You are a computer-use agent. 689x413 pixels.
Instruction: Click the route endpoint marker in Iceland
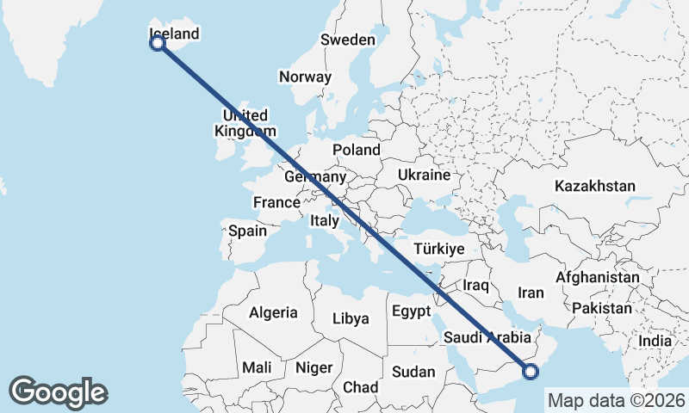[x=158, y=43]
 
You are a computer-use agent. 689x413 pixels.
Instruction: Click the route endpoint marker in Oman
[x=530, y=372]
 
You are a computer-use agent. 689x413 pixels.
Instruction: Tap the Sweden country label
[x=348, y=40]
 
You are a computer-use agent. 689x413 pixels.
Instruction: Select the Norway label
[x=305, y=77]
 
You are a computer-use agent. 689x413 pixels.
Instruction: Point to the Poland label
[x=357, y=150]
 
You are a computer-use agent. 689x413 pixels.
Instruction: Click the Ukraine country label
[x=424, y=175]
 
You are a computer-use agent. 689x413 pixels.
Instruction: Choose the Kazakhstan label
[x=595, y=186]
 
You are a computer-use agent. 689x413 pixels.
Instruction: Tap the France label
[x=276, y=203]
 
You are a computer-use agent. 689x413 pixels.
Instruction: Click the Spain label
[x=247, y=231]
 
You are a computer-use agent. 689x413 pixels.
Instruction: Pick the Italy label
[x=325, y=221]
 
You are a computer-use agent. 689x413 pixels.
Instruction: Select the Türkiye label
[x=439, y=249]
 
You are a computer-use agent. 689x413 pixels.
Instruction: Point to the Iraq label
[x=476, y=285]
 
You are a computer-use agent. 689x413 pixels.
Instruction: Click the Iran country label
[x=531, y=293]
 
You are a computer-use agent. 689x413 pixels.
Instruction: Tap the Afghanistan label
[x=598, y=278]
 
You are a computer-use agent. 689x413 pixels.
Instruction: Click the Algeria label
[x=273, y=313]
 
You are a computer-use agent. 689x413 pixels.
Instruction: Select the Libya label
[x=351, y=318]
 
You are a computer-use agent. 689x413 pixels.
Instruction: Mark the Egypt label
[x=412, y=311]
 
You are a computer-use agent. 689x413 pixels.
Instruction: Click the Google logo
[x=58, y=392]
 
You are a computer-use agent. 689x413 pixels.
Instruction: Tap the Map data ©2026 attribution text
[x=617, y=400]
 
